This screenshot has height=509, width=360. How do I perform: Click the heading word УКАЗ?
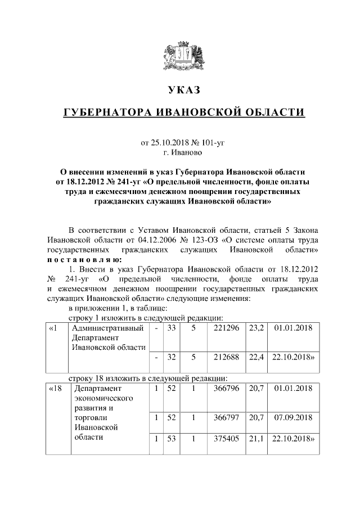coord(183,90)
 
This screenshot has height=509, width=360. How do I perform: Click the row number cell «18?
coord(55,388)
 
